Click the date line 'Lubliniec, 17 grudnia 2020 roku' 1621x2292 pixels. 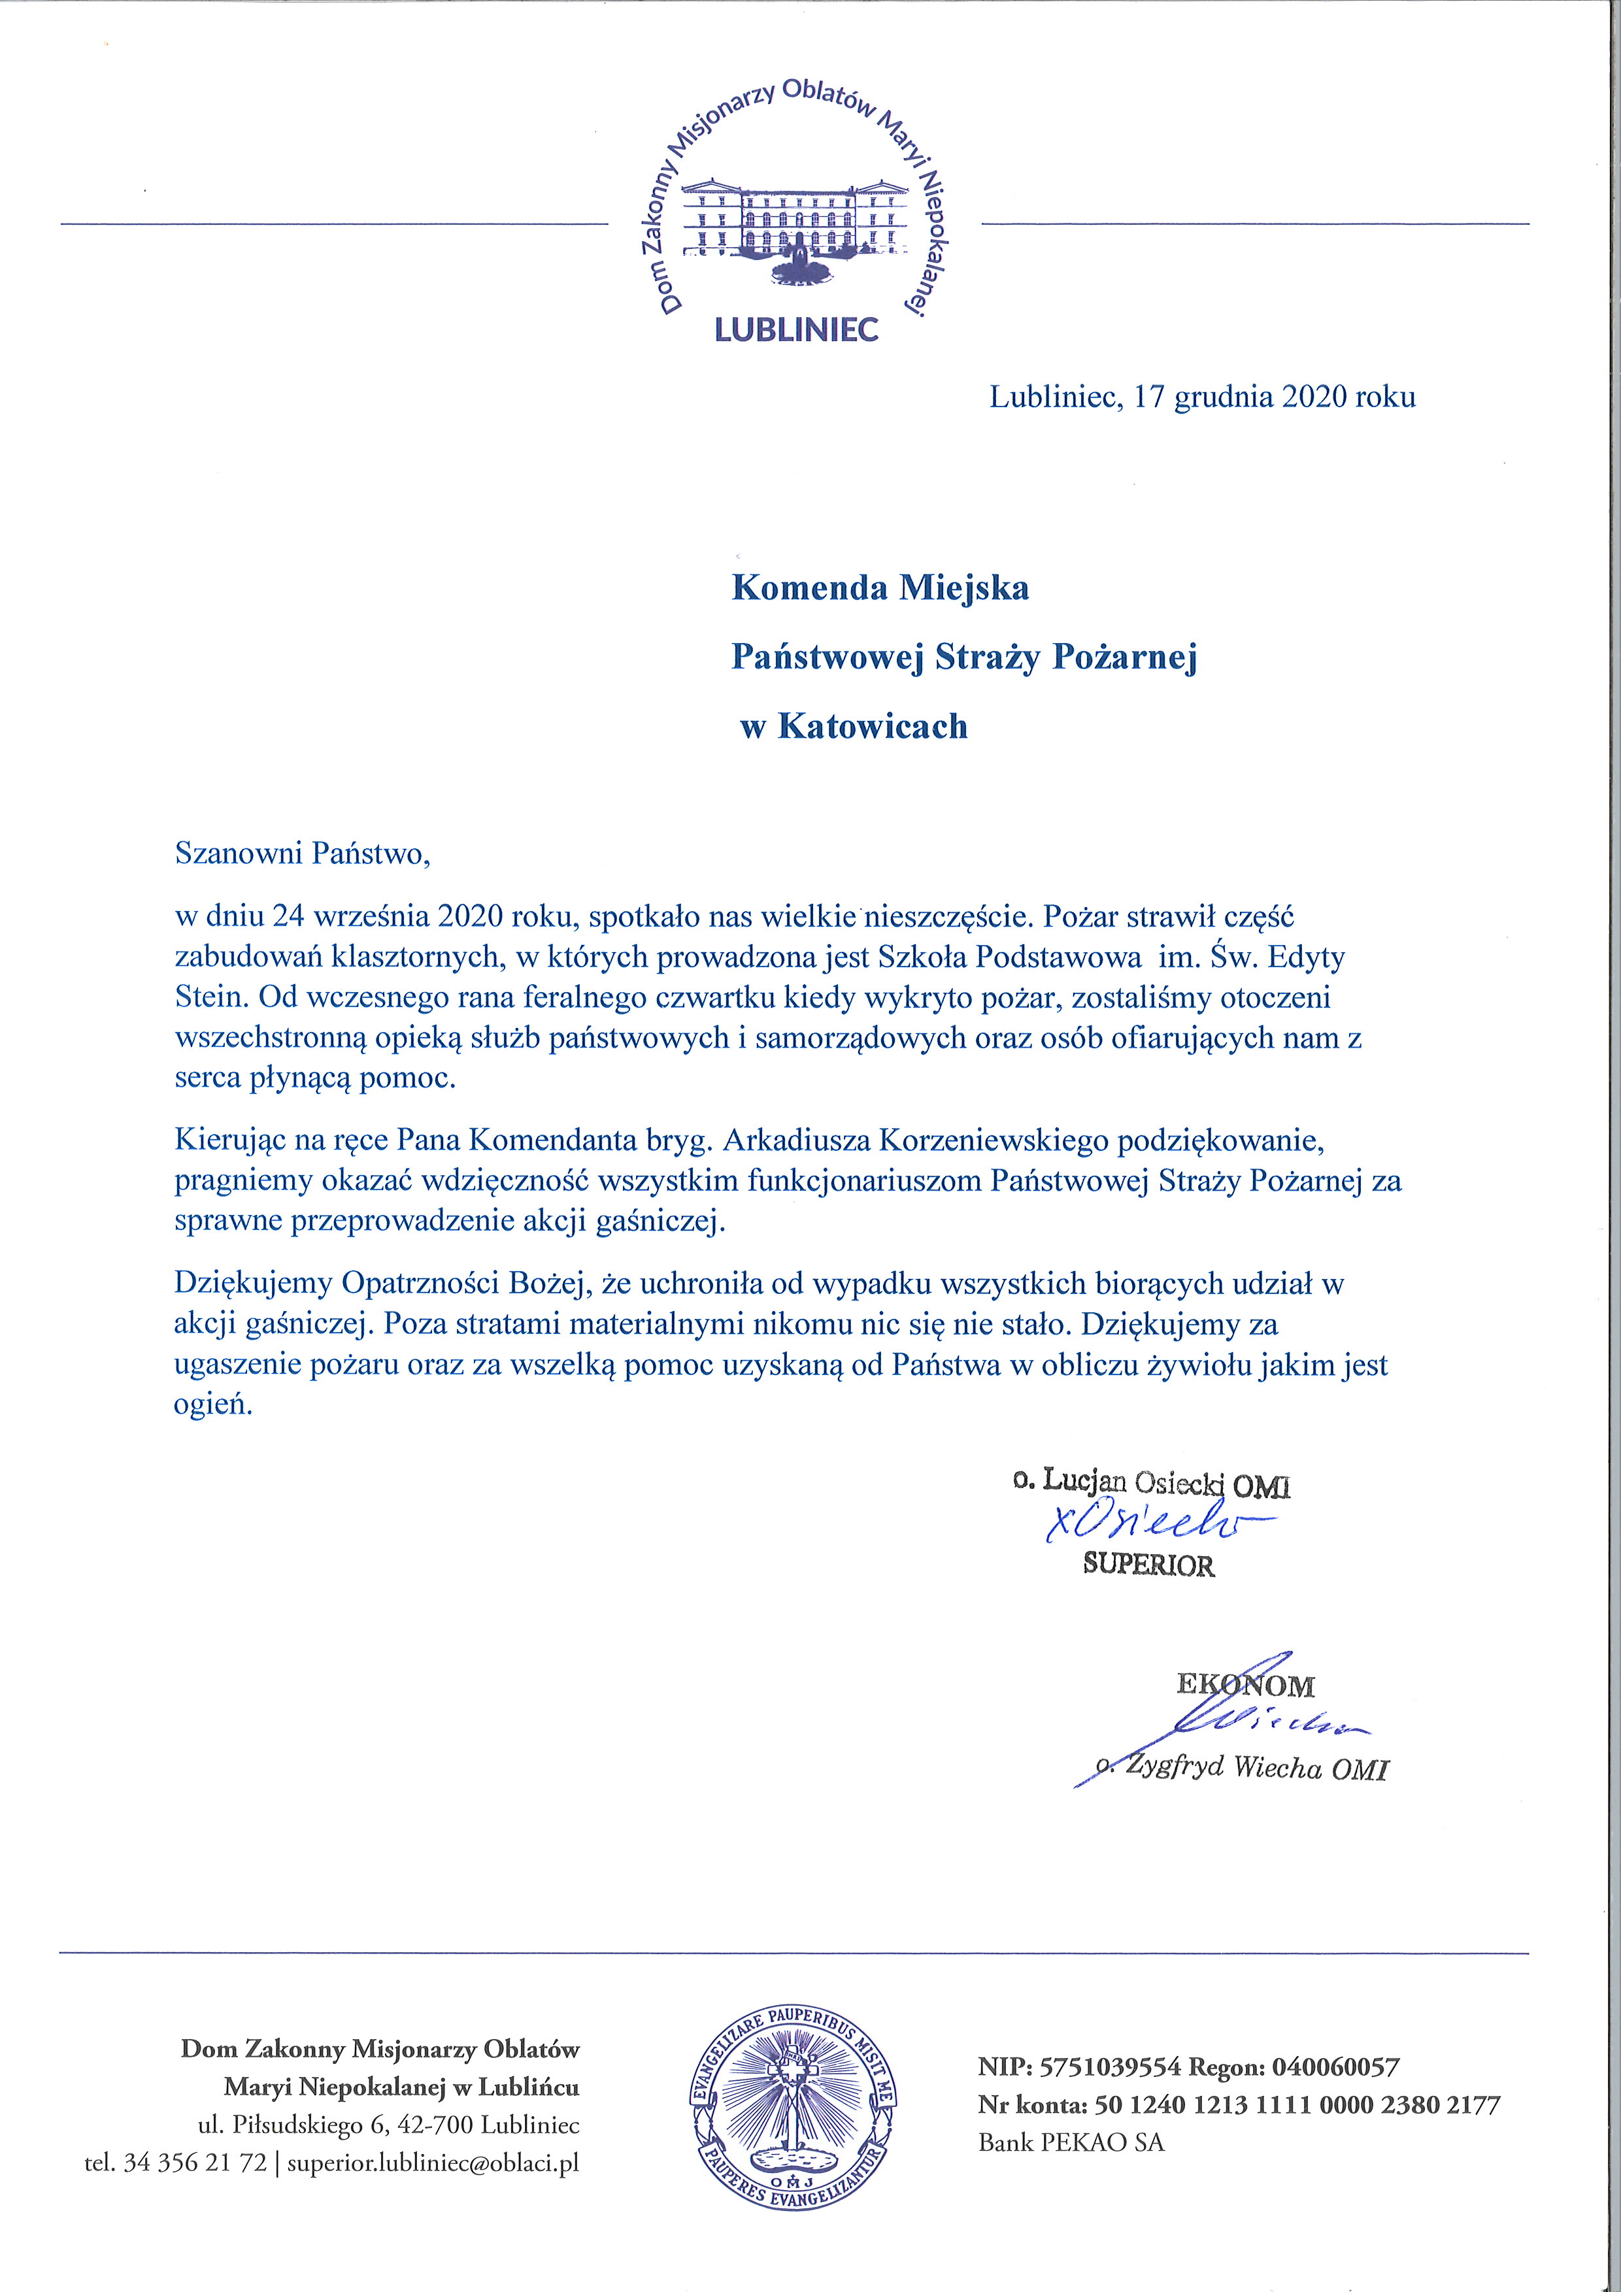pyautogui.click(x=1202, y=397)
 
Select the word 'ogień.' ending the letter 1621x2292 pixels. pyautogui.click(x=214, y=1406)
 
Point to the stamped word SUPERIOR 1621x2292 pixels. pyautogui.click(x=1149, y=1565)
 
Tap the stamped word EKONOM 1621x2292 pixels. pyautogui.click(x=1246, y=1686)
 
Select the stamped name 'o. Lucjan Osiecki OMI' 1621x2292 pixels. pyautogui.click(x=1151, y=1484)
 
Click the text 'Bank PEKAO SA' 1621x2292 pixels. pyautogui.click(x=1071, y=2143)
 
